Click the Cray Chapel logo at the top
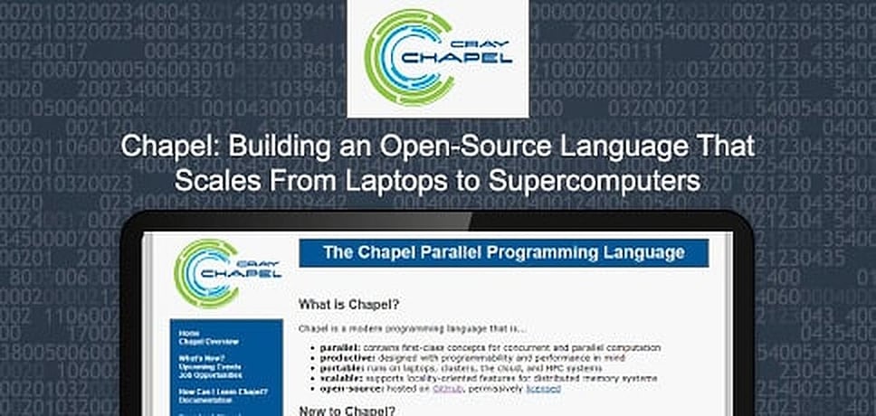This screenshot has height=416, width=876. pyautogui.click(x=438, y=59)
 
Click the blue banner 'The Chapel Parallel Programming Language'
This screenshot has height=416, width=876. pyautogui.click(x=504, y=251)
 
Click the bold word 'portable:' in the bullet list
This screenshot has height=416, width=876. pyautogui.click(x=338, y=367)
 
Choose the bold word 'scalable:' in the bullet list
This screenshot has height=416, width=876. pyautogui.click(x=338, y=377)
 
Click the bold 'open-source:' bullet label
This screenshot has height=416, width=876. pyautogui.click(x=344, y=388)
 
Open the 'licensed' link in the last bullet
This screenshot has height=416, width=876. pyautogui.click(x=543, y=388)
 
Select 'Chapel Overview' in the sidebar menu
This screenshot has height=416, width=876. pyautogui.click(x=209, y=342)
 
